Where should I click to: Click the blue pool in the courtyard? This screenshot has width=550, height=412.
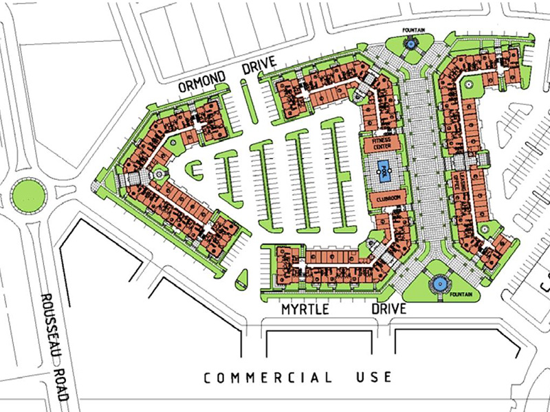[x=382, y=169]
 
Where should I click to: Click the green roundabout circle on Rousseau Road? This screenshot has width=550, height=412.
[x=28, y=194]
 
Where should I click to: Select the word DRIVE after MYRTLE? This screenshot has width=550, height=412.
[x=388, y=310]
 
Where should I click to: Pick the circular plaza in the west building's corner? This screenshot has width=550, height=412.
[x=157, y=174]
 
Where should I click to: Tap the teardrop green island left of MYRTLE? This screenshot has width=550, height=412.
[x=241, y=278]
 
